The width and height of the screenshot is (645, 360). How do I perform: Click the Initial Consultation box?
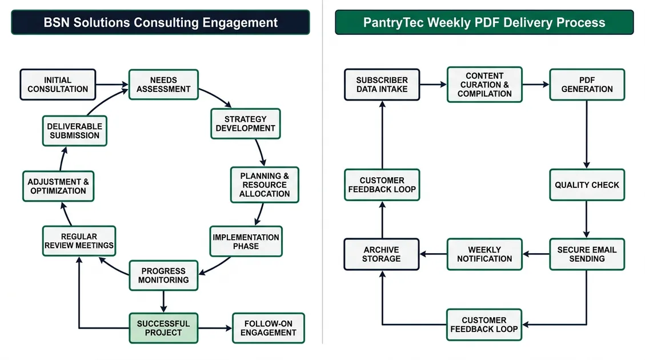[x=58, y=85]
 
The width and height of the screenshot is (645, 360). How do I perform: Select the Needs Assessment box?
[x=163, y=85]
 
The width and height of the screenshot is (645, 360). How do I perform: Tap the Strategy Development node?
[x=245, y=124]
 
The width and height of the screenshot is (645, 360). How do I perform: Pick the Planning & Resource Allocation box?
[x=265, y=185]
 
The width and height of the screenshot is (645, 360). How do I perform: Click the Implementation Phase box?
[x=246, y=241]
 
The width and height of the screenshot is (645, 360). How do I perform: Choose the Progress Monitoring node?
[x=163, y=275]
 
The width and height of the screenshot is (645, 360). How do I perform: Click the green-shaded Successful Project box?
[x=163, y=328]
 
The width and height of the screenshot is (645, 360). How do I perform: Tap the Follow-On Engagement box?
[x=269, y=328]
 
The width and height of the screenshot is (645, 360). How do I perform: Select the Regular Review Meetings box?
[x=79, y=241]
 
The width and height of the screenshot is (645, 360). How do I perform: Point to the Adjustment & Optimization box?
[x=58, y=186]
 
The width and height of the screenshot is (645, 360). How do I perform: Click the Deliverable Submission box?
[x=74, y=131]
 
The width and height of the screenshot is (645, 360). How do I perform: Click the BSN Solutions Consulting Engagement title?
[x=161, y=22]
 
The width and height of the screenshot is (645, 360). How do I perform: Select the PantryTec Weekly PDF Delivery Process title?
[x=484, y=22]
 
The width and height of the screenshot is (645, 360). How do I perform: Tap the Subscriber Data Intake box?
[x=382, y=85]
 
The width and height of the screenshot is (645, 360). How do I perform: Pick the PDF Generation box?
[x=587, y=85]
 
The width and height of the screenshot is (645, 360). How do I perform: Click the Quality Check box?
[x=587, y=185]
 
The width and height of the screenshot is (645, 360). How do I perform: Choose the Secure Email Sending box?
[x=587, y=254]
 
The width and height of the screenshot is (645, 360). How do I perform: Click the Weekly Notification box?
[x=484, y=254]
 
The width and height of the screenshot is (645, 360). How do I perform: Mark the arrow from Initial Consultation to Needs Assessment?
[x=112, y=85]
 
